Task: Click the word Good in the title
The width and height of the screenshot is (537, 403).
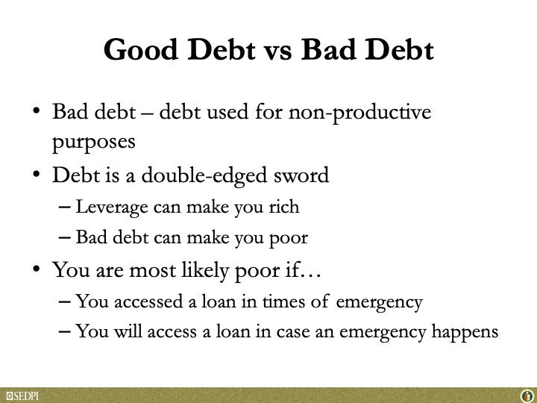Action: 141,50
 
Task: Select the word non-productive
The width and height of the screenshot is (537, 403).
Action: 359,113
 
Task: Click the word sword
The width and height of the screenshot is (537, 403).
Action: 301,175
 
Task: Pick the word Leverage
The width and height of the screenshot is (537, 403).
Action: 112,207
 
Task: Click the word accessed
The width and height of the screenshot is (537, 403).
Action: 148,302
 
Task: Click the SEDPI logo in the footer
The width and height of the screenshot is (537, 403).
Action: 22,396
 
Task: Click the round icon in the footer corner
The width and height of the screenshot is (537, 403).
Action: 527,396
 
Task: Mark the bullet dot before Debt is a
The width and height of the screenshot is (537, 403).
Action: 37,174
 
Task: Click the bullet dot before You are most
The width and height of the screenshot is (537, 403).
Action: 37,269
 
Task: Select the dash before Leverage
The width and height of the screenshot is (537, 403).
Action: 65,207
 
